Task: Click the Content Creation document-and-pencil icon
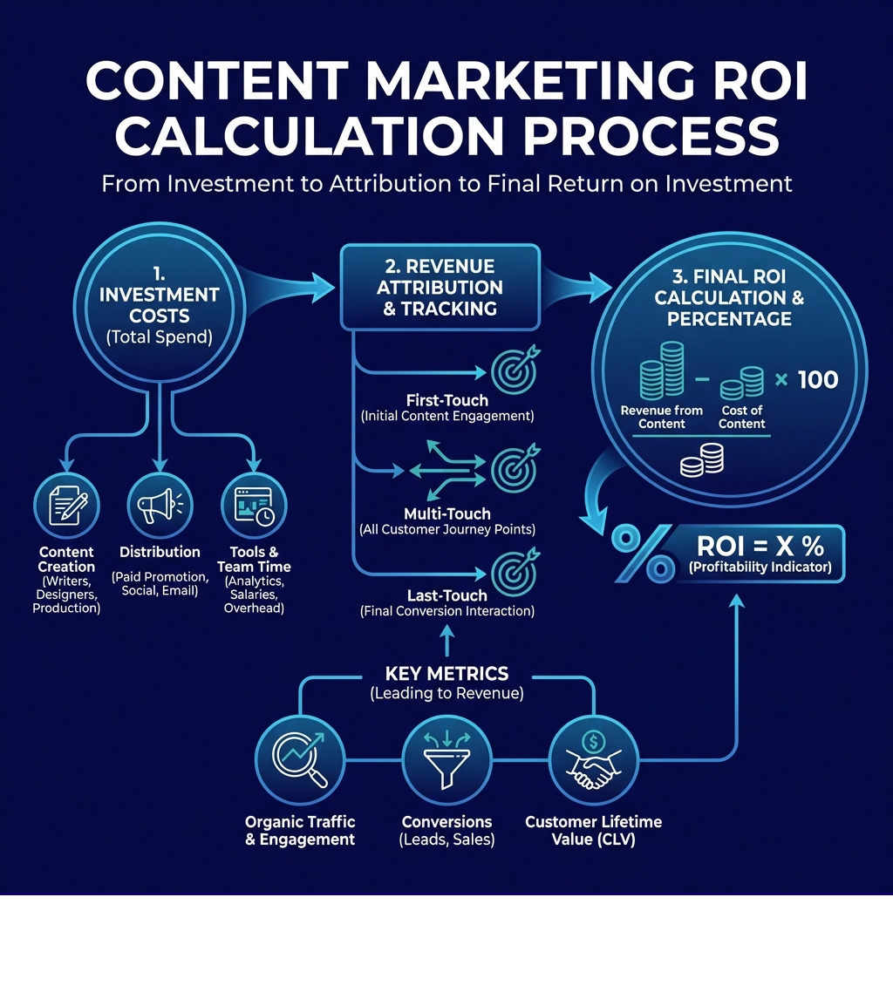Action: (67, 506)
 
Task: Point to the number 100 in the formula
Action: (817, 380)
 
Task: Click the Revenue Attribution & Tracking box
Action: (441, 287)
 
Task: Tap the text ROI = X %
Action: (760, 547)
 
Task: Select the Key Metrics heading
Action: (446, 674)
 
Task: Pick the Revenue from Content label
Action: (662, 417)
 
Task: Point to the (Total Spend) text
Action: (158, 336)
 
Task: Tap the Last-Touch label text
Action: (446, 595)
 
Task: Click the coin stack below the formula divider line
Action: (702, 459)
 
